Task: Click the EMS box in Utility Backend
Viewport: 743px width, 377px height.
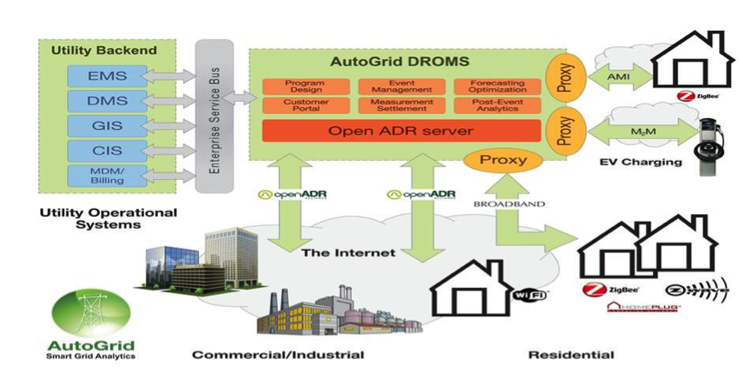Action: (x=106, y=76)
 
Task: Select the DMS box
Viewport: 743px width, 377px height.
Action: (x=106, y=101)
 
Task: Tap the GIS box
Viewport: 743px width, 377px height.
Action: (x=106, y=126)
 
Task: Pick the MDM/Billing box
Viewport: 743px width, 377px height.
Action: (x=106, y=176)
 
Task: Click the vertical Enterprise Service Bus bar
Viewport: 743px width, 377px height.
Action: (x=214, y=115)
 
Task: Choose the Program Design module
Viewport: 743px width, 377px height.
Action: (x=305, y=86)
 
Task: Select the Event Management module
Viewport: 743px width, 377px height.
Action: (x=401, y=86)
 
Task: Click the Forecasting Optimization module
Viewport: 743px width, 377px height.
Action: (x=497, y=86)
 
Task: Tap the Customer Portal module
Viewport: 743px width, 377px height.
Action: (x=305, y=105)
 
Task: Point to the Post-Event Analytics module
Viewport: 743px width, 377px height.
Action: (x=497, y=105)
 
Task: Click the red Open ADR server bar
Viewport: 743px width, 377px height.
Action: (x=401, y=131)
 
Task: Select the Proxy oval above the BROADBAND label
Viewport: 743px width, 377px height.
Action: (x=503, y=160)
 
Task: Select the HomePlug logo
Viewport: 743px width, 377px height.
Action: (x=643, y=307)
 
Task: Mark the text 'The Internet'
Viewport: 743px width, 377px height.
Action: (x=348, y=253)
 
